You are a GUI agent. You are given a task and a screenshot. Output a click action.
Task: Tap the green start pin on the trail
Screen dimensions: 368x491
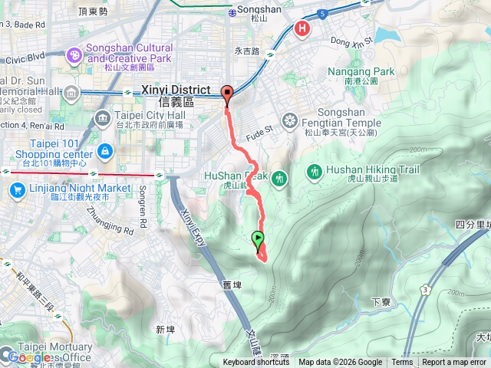click(x=258, y=238)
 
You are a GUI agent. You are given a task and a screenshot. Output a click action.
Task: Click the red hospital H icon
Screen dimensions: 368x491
click(x=303, y=29)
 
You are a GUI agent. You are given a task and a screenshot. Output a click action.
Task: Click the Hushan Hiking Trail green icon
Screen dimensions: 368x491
click(x=314, y=173)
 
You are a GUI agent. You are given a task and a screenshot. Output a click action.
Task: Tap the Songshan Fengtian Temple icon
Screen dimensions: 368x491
click(x=289, y=120)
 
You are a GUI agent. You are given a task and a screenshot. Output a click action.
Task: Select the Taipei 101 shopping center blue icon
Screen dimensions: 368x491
click(x=106, y=149)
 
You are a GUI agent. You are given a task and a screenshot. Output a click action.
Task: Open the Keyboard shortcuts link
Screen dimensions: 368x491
click(x=256, y=363)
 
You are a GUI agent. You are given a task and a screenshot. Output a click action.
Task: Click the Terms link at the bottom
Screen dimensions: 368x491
click(x=402, y=363)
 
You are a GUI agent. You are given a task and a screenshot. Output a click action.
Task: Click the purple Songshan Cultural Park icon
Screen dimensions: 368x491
click(x=74, y=54)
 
